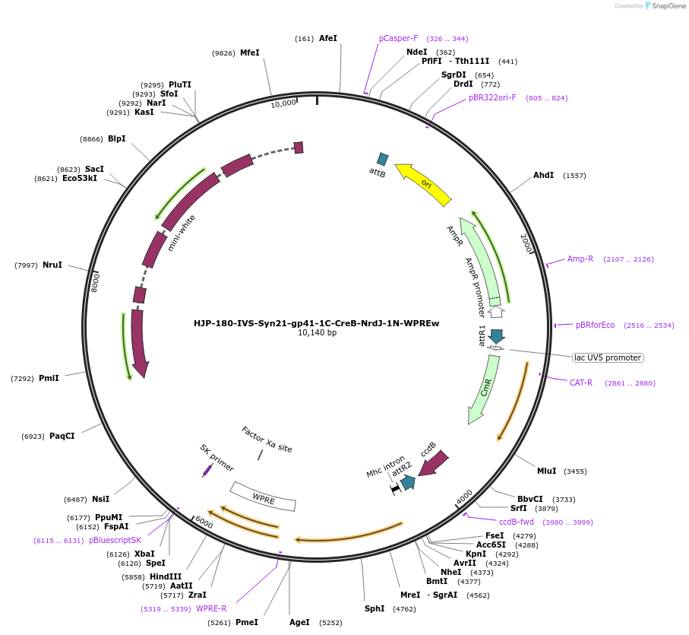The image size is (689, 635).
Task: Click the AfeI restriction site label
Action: [x=328, y=38]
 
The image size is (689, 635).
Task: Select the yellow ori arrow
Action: [x=424, y=185]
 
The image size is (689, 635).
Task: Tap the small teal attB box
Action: [x=383, y=159]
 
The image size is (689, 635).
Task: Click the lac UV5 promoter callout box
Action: [x=608, y=357]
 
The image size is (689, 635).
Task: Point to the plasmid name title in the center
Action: [x=316, y=322]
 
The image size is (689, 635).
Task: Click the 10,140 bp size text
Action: [x=317, y=333]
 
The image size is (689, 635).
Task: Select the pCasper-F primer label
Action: [x=399, y=38]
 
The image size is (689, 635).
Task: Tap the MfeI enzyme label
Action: [x=250, y=52]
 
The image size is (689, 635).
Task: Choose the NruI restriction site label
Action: [x=52, y=265]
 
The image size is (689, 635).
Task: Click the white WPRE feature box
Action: [x=264, y=497]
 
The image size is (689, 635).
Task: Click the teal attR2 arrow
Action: [x=408, y=482]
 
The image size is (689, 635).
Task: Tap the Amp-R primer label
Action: [x=580, y=259]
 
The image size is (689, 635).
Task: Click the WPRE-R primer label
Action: [x=211, y=608]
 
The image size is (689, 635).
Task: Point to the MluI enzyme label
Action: [x=547, y=471]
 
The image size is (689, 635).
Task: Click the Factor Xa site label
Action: [x=267, y=440]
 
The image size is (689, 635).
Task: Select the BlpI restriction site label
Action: [x=116, y=139]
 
